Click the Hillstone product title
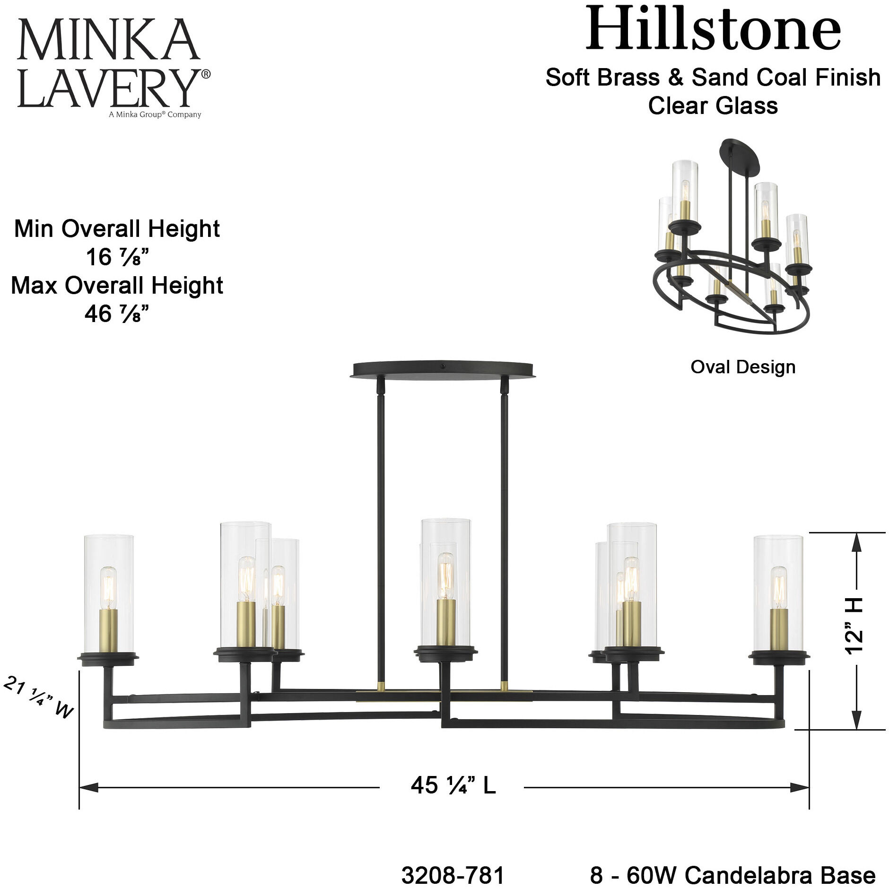(713, 29)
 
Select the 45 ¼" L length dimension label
(453, 785)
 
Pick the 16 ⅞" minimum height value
(117, 257)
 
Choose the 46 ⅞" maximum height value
(117, 314)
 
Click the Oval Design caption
(743, 367)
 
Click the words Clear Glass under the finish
(713, 105)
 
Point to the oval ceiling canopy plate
(443, 369)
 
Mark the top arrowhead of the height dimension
(856, 544)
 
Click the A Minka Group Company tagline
(155, 114)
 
